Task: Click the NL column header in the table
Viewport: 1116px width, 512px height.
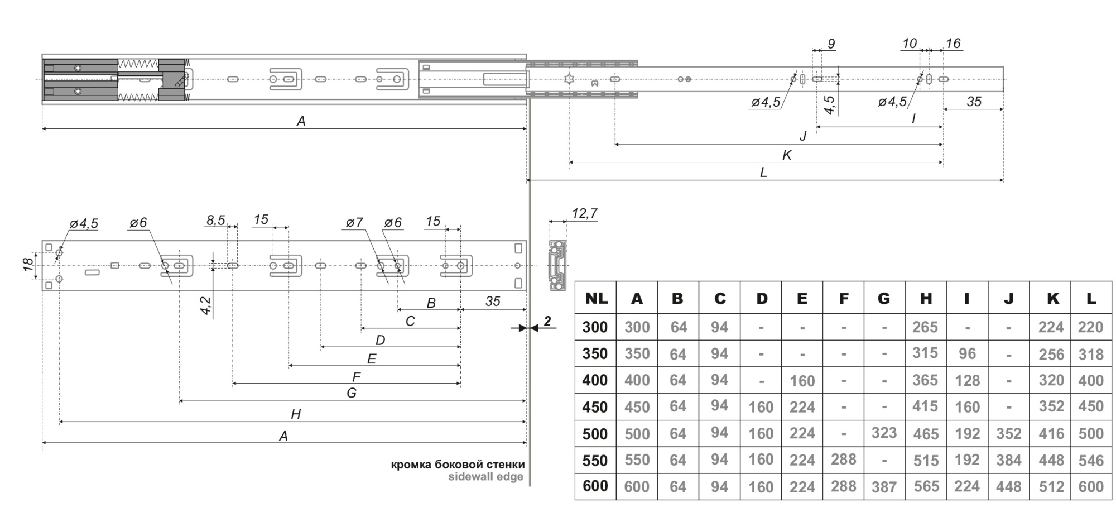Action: (x=595, y=299)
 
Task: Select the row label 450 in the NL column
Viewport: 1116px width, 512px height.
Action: (x=595, y=407)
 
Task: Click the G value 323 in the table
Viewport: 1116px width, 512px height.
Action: (x=884, y=433)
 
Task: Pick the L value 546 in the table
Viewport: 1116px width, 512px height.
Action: (x=1091, y=461)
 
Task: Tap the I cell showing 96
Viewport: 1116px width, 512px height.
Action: (x=967, y=354)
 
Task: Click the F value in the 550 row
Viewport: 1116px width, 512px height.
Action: (x=843, y=460)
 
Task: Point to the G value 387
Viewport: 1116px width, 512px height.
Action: (x=884, y=487)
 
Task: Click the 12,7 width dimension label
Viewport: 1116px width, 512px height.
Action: (x=584, y=213)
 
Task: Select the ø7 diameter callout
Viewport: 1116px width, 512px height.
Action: (x=354, y=223)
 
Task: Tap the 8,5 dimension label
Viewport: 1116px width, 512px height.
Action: (x=216, y=221)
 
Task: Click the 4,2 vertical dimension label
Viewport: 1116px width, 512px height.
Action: (x=205, y=306)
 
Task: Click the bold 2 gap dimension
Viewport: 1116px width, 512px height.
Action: (x=547, y=321)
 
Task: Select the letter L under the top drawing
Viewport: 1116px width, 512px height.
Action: (x=763, y=173)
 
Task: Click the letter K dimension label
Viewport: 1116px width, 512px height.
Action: (x=787, y=155)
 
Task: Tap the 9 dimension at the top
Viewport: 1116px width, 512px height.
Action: (x=831, y=44)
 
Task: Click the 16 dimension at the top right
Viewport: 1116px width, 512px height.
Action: (x=953, y=44)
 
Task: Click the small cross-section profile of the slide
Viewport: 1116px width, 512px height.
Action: (x=557, y=266)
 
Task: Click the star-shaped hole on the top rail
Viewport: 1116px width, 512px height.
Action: (x=569, y=79)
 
